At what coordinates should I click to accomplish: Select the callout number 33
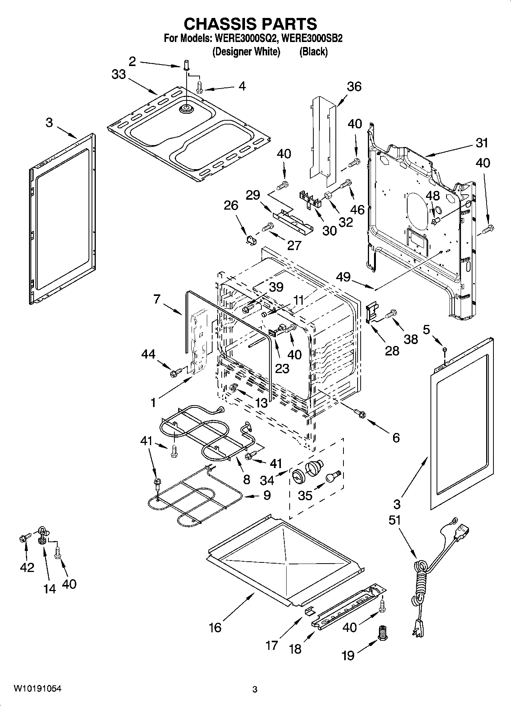[x=119, y=74]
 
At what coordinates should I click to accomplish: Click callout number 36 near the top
[x=354, y=87]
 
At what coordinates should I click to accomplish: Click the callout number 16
[x=215, y=627]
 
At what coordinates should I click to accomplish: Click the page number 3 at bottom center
[x=255, y=690]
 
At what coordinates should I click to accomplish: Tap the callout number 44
[x=148, y=354]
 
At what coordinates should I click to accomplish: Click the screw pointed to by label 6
[x=358, y=412]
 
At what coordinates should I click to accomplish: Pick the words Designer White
[x=246, y=52]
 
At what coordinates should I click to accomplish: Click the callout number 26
[x=231, y=205]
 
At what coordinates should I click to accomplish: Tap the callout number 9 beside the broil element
[x=267, y=495]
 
